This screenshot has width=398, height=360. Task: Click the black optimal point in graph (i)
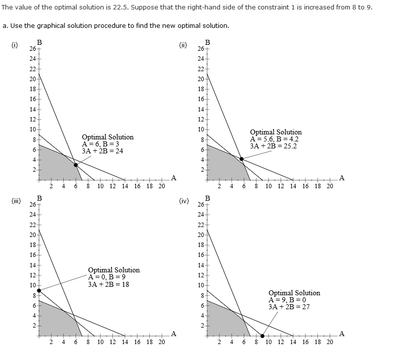(76, 165)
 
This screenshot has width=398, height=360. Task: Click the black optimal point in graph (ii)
(241, 159)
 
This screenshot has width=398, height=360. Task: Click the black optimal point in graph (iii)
(39, 290)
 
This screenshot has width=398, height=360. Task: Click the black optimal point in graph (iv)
(262, 336)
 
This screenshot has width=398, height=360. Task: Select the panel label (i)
(15, 45)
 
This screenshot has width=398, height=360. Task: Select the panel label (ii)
(183, 45)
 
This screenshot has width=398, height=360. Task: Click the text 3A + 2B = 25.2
(274, 146)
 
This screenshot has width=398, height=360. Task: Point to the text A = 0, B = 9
(106, 277)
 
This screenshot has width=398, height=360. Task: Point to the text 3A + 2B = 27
(289, 307)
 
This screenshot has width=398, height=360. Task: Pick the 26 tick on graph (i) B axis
(32, 49)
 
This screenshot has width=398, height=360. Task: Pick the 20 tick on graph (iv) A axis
(330, 342)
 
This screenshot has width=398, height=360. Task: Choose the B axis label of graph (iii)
(39, 198)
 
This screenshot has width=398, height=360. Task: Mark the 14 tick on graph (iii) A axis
(124, 342)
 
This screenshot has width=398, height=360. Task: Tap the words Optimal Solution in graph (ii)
(276, 132)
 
